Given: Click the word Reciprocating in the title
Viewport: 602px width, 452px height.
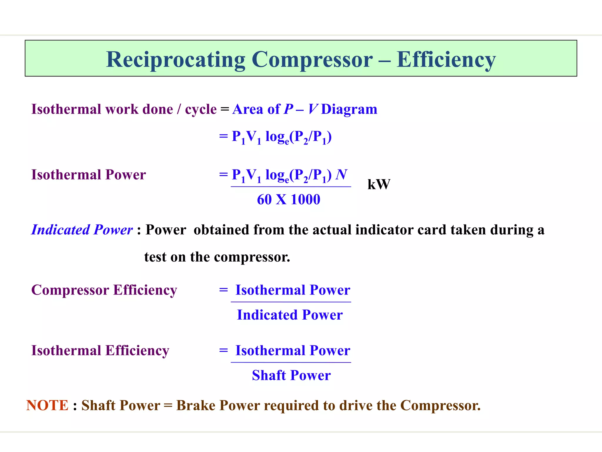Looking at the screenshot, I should (x=175, y=60).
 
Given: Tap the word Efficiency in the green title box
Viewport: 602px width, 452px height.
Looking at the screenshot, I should (x=446, y=60).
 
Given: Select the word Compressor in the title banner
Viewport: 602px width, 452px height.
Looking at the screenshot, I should (x=312, y=60).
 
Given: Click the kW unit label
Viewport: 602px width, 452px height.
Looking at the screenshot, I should (x=379, y=185).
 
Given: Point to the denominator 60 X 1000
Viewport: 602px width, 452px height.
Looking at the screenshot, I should (x=288, y=200).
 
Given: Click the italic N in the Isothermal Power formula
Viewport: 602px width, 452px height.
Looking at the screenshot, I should (x=342, y=175).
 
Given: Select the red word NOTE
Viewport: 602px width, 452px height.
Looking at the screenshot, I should (x=47, y=406).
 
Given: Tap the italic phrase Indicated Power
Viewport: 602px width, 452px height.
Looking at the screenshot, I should (x=82, y=230).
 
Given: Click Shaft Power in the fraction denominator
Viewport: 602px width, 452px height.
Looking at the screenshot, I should (x=291, y=375).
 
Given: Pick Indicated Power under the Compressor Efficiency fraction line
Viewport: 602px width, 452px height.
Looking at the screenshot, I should (x=290, y=315).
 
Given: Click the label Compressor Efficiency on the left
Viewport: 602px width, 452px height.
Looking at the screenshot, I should (x=104, y=290).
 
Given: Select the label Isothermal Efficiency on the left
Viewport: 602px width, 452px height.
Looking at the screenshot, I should (x=100, y=350).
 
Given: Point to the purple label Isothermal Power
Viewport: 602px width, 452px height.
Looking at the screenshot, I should (x=88, y=175).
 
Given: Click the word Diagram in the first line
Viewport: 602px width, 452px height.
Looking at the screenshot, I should (x=349, y=109).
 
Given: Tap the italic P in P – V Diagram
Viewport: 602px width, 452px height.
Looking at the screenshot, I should (x=288, y=109).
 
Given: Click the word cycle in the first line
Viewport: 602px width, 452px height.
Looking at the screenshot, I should (x=201, y=109).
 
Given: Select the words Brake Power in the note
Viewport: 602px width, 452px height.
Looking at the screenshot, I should (x=218, y=406).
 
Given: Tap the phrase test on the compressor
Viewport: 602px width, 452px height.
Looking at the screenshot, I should (x=217, y=257).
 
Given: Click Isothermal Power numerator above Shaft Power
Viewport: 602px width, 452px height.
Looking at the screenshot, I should (x=293, y=350).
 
